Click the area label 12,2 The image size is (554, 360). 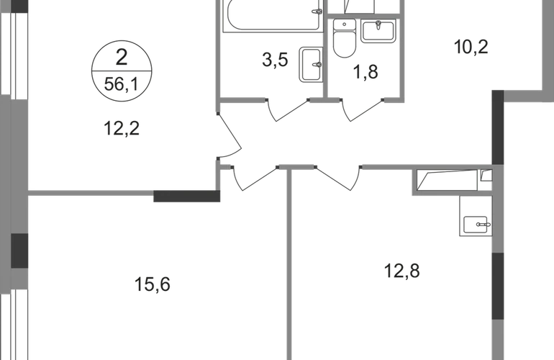[x=122, y=128]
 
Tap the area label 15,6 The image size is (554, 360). [x=153, y=284]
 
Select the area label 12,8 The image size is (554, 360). [x=401, y=271]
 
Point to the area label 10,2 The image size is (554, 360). [x=471, y=47]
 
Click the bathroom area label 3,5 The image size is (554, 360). [x=276, y=60]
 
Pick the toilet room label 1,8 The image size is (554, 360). [x=365, y=72]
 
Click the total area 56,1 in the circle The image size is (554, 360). [x=122, y=84]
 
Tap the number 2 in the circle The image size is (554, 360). [x=122, y=58]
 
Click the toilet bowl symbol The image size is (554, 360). [x=345, y=38]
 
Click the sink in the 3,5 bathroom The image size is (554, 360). [x=311, y=64]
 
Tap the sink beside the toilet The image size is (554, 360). [x=378, y=31]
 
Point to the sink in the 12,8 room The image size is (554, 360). [x=476, y=225]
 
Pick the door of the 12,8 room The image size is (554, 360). [x=337, y=178]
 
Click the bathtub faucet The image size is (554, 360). [x=317, y=12]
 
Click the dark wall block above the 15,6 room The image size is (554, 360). [x=186, y=196]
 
